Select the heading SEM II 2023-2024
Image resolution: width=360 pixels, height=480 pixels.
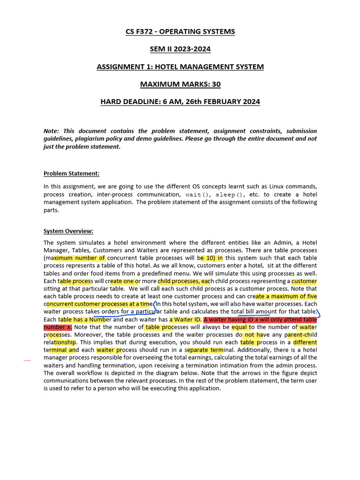[180, 49]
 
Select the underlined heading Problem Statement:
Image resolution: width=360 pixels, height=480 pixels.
[71, 173]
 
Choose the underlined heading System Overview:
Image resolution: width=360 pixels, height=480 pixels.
[68, 231]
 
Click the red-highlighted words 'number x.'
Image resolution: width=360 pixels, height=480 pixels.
[58, 327]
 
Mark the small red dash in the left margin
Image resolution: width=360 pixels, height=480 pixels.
[27, 360]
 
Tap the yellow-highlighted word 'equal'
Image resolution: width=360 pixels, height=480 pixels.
[240, 327]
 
